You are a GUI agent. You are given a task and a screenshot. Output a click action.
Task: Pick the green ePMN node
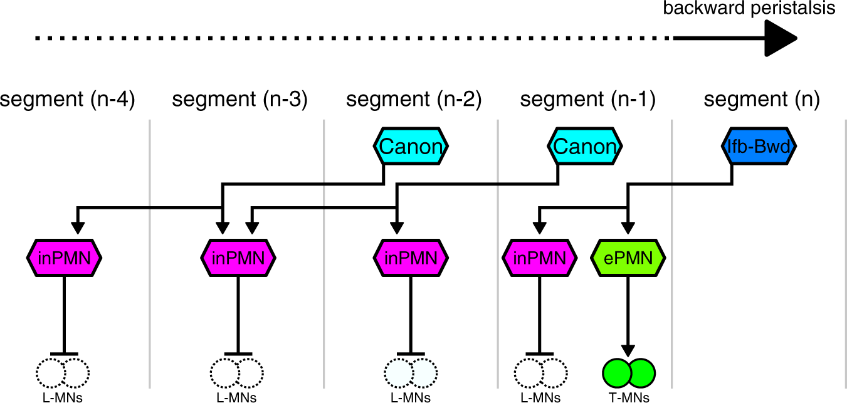click(629, 257)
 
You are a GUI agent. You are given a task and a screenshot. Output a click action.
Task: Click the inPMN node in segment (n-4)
click(64, 257)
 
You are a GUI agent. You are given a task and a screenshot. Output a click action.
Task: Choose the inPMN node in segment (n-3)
click(238, 257)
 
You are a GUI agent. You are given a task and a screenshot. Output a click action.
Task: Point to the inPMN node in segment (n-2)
click(411, 257)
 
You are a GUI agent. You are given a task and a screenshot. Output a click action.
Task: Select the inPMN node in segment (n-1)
click(539, 257)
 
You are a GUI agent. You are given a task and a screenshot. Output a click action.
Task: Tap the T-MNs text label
click(629, 397)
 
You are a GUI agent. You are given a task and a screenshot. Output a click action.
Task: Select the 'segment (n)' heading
click(761, 100)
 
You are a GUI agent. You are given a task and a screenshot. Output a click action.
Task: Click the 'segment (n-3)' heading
click(239, 100)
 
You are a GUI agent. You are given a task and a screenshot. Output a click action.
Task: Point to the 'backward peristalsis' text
click(749, 9)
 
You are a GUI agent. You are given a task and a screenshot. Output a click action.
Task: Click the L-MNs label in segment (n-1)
click(539, 397)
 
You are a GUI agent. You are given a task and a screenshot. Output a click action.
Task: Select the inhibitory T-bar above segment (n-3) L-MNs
click(238, 354)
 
